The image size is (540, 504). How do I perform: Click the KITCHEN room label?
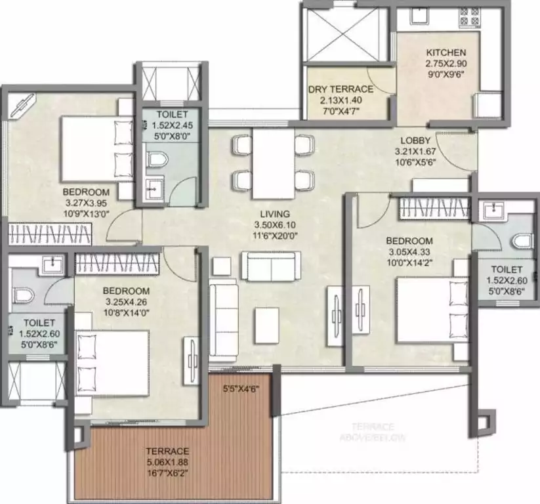446,52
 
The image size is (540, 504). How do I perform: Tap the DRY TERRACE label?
341,89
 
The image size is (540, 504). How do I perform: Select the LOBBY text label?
416,140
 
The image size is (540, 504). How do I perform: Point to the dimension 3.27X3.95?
85,202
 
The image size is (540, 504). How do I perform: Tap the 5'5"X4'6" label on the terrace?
241,388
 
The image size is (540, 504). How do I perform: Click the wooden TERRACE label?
168,451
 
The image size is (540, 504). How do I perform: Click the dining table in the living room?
272,162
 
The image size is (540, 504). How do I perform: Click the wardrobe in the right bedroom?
434,208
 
